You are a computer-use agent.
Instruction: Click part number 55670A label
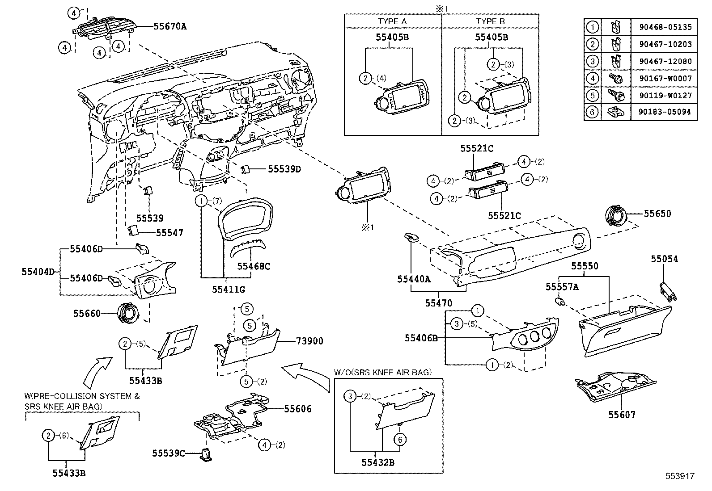[170, 26]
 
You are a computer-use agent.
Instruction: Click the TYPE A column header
[392, 21]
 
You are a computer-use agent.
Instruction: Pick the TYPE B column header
[490, 21]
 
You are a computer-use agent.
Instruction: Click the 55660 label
[87, 314]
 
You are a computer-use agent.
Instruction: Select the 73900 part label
[309, 341]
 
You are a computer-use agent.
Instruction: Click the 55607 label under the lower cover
[621, 415]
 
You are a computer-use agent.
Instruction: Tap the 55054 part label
[664, 259]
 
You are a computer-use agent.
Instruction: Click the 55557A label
[562, 287]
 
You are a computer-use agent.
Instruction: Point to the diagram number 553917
[679, 476]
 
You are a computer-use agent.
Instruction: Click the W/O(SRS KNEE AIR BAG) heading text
[382, 372]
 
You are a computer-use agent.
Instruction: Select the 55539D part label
[284, 169]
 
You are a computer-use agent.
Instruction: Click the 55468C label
[254, 266]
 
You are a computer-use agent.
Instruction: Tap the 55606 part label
[298, 409]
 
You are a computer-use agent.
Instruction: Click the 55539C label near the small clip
[168, 453]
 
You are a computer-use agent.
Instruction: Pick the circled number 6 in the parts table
[592, 112]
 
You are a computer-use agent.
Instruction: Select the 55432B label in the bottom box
[378, 463]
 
